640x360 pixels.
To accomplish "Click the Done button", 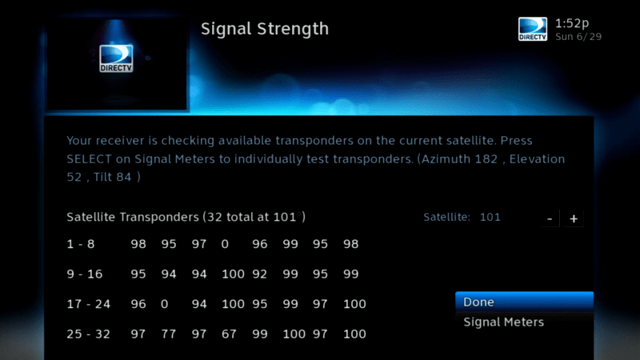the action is click(524, 302).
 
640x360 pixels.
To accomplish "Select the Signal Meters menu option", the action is click(504, 322).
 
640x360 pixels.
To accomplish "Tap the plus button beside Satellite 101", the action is click(574, 218).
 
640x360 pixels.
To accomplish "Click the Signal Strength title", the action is click(265, 29).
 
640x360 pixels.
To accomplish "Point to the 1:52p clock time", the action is click(572, 23).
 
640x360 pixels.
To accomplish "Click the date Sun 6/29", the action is click(578, 37).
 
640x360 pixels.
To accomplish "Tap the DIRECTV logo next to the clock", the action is click(533, 29).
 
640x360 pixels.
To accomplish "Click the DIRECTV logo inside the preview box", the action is click(116, 58).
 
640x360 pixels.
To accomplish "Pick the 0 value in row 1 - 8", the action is click(225, 244).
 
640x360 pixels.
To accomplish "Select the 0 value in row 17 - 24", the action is click(164, 304).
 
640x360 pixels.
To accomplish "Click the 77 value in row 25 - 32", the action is click(169, 334).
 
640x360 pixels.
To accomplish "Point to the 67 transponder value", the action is click(229, 334).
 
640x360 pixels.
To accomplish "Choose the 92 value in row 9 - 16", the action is click(259, 274).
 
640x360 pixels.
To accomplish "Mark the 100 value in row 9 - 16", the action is click(233, 274).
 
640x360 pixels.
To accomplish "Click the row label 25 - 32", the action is click(88, 334).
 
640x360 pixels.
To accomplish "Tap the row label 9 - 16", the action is click(85, 274).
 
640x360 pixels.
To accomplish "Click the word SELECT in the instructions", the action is click(89, 158).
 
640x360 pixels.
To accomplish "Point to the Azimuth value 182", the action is click(486, 158).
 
